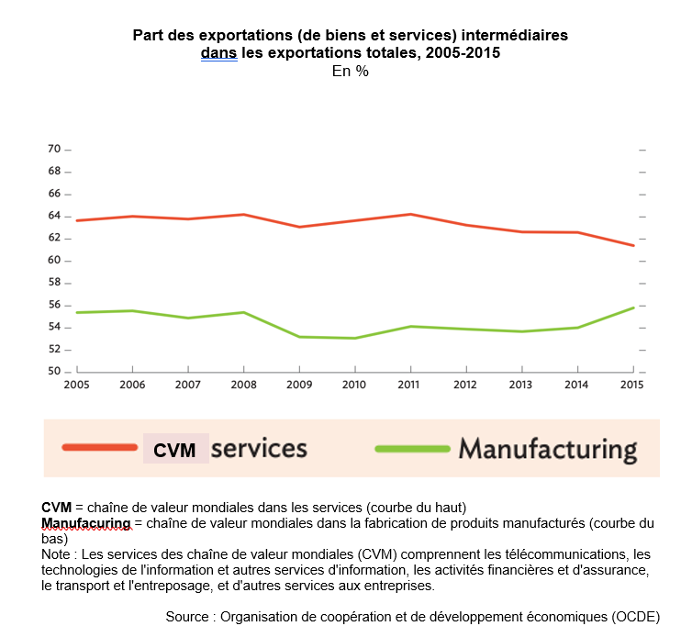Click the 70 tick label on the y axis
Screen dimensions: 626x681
pos(53,149)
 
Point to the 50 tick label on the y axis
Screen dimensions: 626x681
pos(53,372)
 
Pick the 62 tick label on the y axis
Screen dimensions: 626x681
pos(53,238)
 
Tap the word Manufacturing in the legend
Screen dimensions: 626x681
pos(547,449)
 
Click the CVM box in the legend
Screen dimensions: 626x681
pos(175,450)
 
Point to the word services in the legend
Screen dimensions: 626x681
pos(259,448)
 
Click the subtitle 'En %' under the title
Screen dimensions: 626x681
pos(350,72)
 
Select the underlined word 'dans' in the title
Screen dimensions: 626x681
pos(218,53)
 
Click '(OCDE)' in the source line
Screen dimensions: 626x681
pos(633,616)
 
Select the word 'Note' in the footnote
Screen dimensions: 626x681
pos(57,555)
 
